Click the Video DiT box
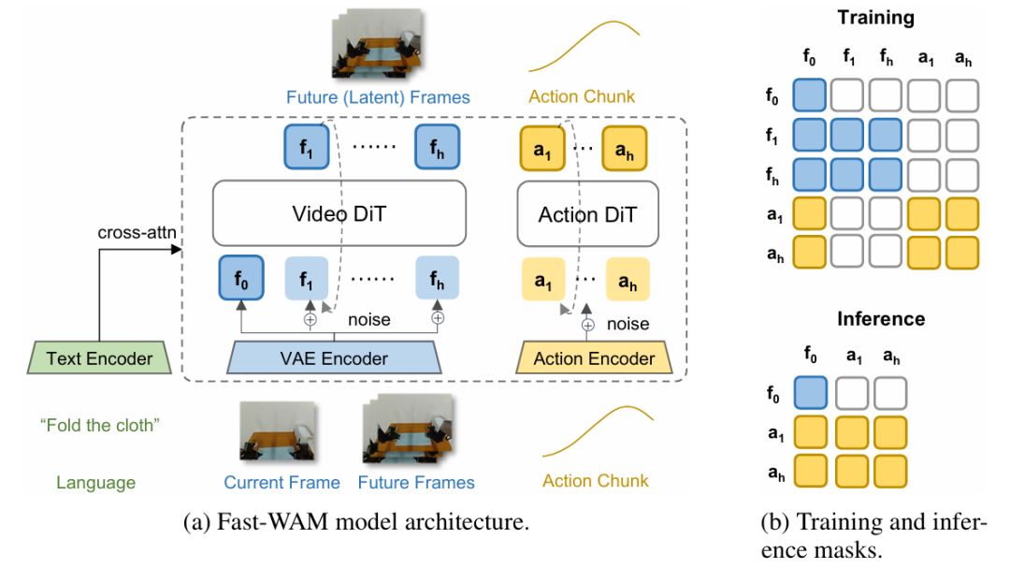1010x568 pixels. (x=339, y=214)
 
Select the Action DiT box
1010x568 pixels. (x=587, y=214)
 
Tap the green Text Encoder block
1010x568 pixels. (x=99, y=357)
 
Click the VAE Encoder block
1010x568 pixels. (x=333, y=357)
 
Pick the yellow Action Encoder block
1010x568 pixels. (x=594, y=357)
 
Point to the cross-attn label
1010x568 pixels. (x=136, y=231)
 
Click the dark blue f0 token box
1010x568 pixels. (x=240, y=278)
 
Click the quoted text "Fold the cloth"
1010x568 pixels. (x=101, y=425)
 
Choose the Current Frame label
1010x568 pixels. (x=281, y=483)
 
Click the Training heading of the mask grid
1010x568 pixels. (x=876, y=17)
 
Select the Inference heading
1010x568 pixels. (x=880, y=319)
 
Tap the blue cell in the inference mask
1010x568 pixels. (x=810, y=392)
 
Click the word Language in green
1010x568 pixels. (x=95, y=483)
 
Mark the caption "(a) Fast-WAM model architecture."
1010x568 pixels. (x=356, y=522)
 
